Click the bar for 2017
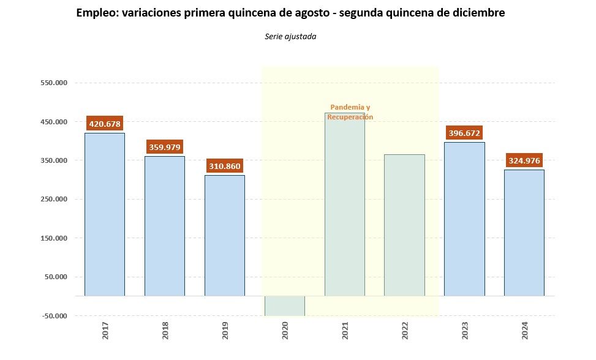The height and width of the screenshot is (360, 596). [104, 214]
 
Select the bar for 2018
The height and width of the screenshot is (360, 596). [164, 226]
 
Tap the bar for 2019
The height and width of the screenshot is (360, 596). [224, 236]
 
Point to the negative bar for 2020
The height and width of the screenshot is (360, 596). [284, 306]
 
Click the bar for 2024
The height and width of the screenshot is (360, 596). [524, 233]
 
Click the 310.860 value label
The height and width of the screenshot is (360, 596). [225, 166]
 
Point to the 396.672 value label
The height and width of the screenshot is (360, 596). [464, 133]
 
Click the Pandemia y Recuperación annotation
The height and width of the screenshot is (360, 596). [350, 112]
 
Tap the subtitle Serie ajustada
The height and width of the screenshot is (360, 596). [290, 37]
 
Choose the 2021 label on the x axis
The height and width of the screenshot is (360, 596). [344, 332]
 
